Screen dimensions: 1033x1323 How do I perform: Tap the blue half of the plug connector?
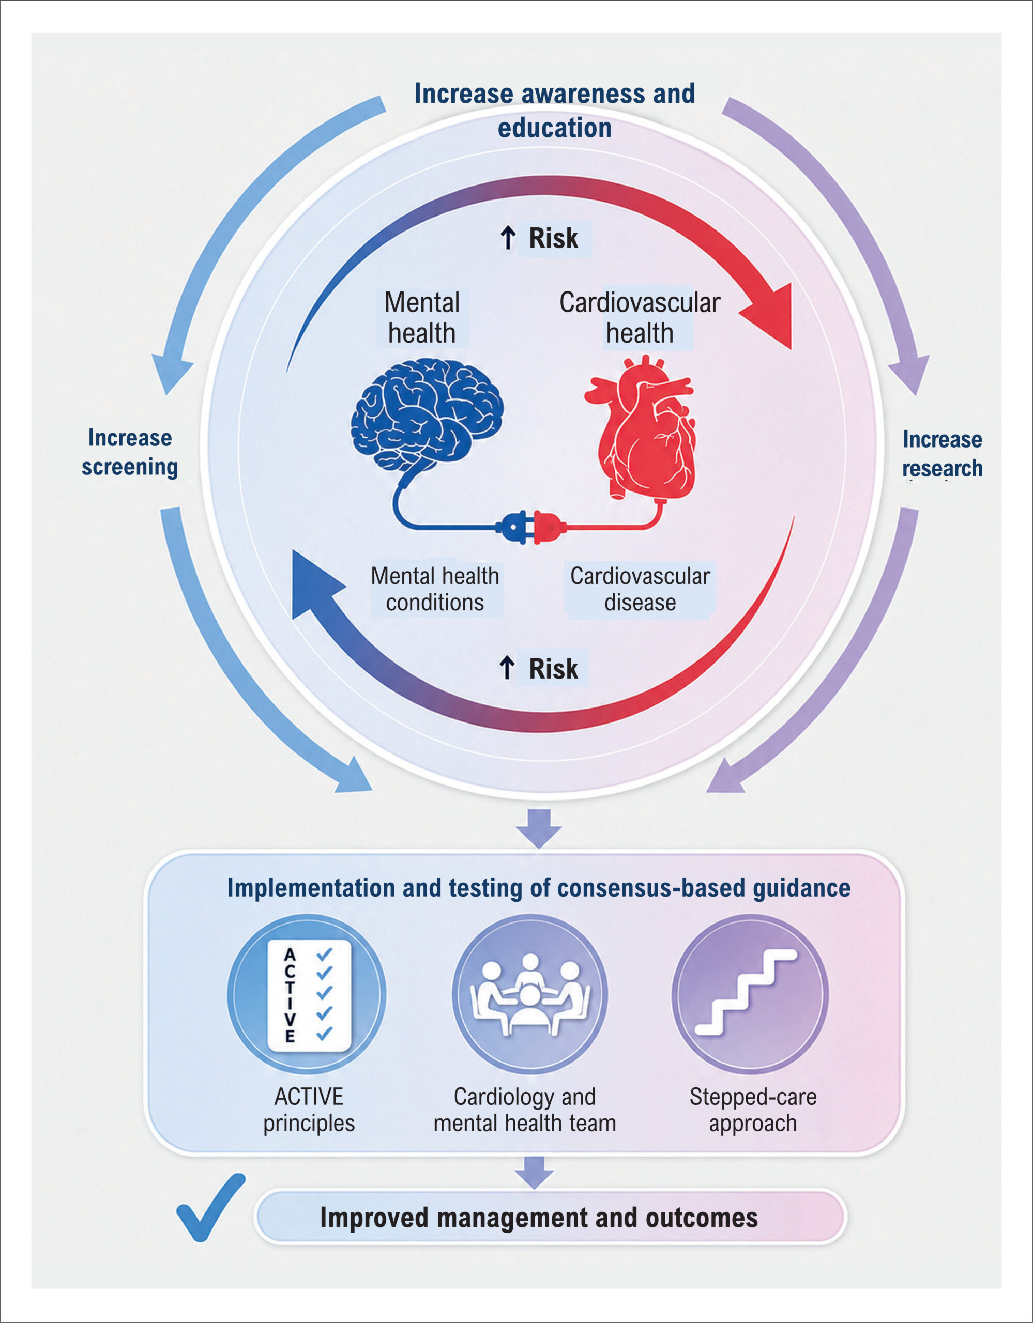point(514,527)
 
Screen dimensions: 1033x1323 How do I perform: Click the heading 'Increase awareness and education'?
point(554,111)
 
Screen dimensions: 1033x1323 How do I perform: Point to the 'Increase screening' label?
point(130,453)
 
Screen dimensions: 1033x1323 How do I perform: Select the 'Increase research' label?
point(942,454)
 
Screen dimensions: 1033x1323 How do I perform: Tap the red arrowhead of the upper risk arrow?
point(771,315)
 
